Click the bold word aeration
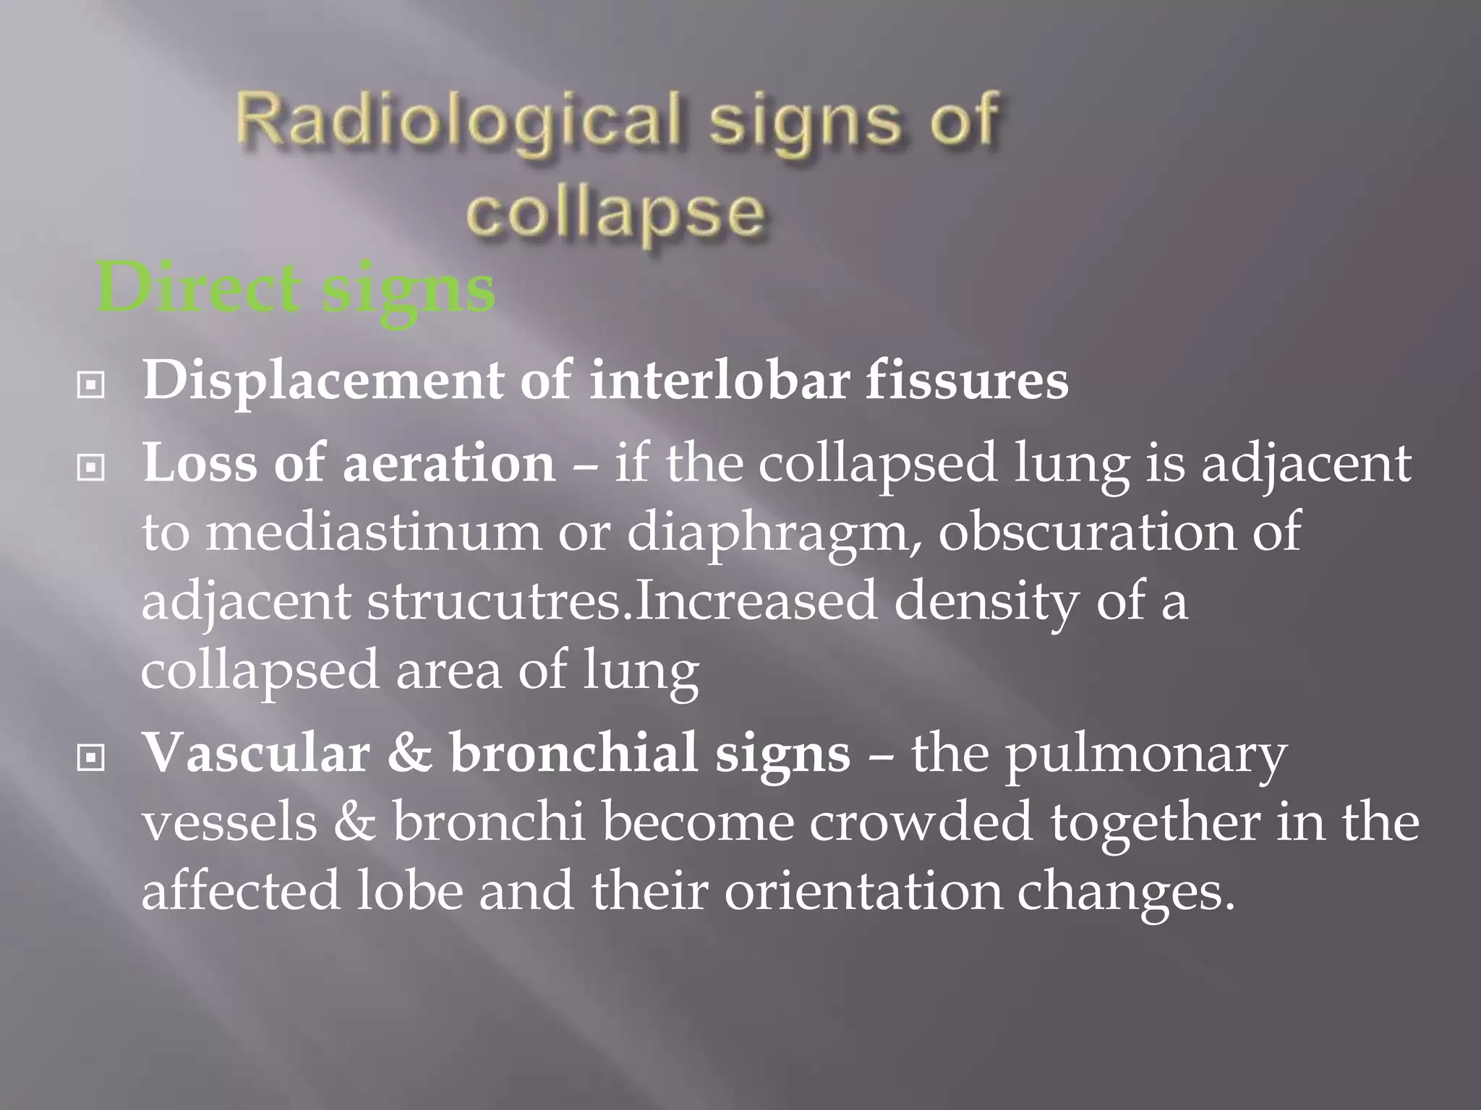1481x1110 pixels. pyautogui.click(x=448, y=463)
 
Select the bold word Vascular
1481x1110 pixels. pyautogui.click(x=256, y=753)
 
